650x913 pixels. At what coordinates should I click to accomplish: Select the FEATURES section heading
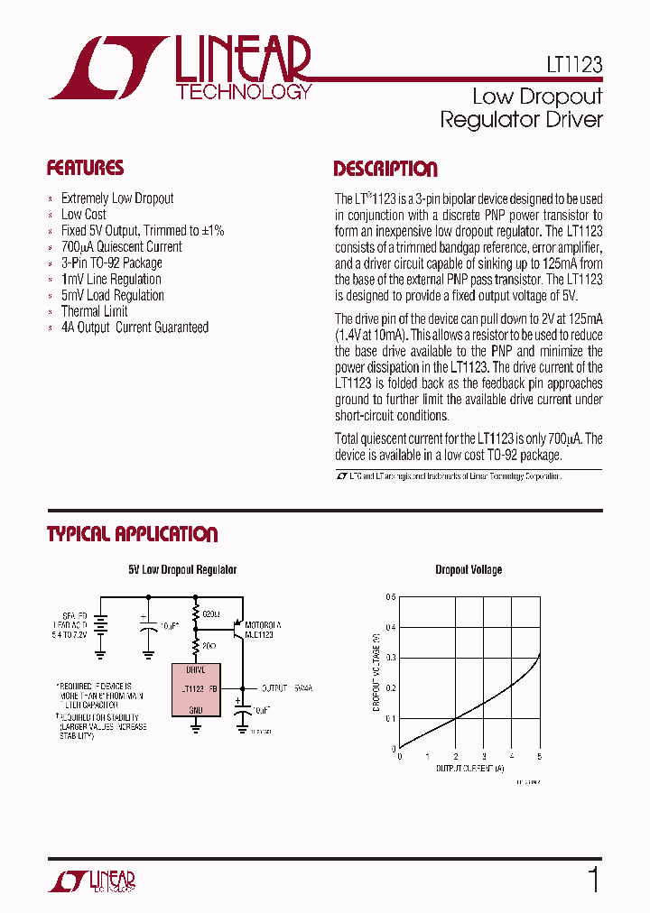[85, 169]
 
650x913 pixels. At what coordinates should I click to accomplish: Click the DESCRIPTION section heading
[385, 170]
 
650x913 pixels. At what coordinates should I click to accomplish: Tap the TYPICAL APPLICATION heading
[132, 534]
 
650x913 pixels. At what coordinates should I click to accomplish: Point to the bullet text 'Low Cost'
[83, 215]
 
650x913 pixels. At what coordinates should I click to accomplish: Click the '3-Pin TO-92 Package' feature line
[111, 263]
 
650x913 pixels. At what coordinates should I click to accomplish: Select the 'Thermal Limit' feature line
[94, 311]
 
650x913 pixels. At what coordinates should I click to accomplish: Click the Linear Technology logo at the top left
[181, 68]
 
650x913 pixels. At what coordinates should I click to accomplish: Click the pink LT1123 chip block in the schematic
[196, 690]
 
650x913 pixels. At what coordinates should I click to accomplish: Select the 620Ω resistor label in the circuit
[211, 613]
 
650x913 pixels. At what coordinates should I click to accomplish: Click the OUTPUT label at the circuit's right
[275, 688]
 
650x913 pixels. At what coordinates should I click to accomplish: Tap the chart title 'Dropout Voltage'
[469, 570]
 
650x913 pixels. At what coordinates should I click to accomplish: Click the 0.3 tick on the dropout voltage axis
[390, 658]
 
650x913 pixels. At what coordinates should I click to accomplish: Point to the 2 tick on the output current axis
[455, 757]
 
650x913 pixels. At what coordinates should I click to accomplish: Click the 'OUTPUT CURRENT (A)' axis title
[470, 769]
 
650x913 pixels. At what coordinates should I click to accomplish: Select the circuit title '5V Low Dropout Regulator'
[182, 570]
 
